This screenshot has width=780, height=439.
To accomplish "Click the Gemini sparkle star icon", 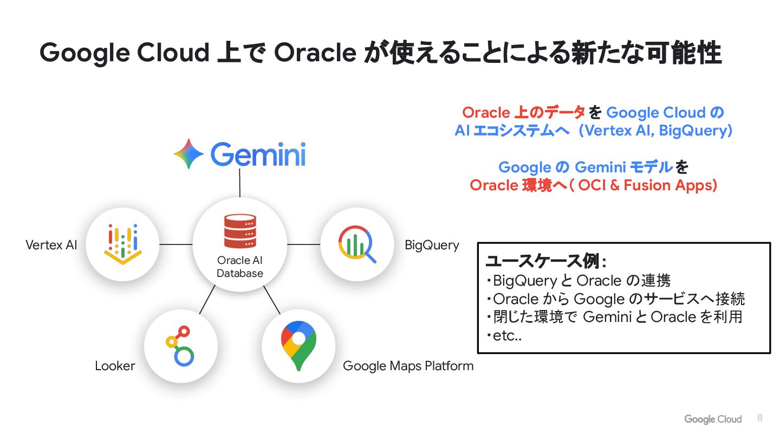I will coord(188,154).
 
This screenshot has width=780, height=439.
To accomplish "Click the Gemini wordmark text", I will coord(258,154).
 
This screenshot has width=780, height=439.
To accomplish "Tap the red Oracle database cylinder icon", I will coord(239,231).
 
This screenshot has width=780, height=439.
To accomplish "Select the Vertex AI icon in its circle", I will coord(123,244).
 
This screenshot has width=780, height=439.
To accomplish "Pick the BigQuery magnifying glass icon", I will coord(357,244).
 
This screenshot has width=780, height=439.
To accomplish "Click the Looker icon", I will coord(180,345).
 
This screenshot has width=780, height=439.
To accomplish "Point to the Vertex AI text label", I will coord(51,245).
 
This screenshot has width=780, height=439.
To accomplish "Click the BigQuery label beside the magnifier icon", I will coord(432,245).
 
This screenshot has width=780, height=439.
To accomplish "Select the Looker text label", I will coord(115,366).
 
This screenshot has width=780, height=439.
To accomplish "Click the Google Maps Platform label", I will coord(408,366).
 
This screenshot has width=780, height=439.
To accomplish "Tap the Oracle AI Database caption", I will coord(240,267).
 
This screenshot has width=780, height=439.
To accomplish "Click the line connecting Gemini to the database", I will coord(239,183).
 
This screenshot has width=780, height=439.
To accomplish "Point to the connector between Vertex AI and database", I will coord(176,244).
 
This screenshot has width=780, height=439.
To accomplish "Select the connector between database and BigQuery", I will coord(303,244).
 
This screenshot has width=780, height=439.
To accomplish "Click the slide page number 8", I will coord(759,418).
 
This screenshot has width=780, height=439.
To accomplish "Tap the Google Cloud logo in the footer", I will coord(713,419).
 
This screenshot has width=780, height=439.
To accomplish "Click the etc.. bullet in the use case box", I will coord(504,336).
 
